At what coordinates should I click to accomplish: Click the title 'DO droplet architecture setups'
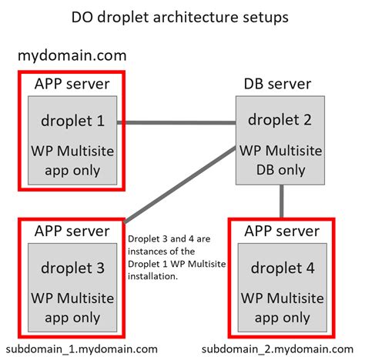[x=182, y=16]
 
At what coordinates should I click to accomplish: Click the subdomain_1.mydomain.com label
[x=79, y=348]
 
